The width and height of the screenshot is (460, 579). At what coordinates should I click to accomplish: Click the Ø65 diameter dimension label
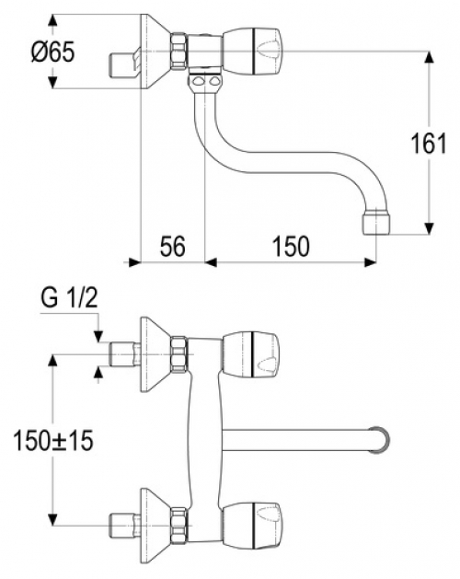point(52,52)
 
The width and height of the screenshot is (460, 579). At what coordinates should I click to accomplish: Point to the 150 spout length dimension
point(290,247)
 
